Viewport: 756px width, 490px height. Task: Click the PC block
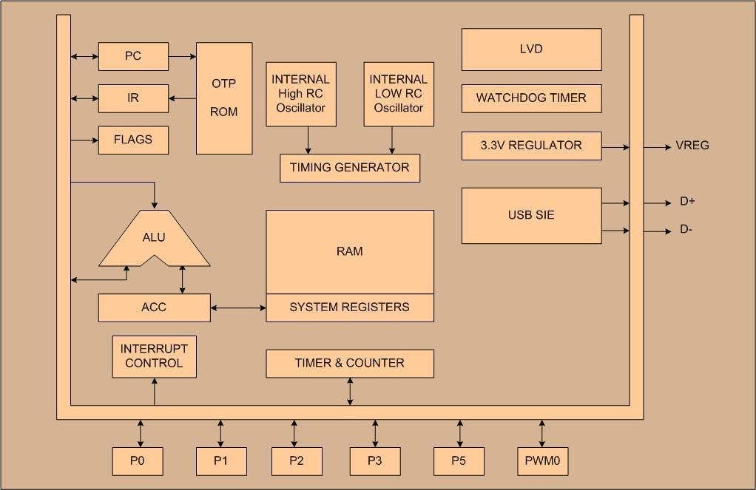[x=133, y=56]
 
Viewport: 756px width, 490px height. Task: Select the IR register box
[x=133, y=98]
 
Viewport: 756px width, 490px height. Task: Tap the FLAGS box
[x=133, y=140]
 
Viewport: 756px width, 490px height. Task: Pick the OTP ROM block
[x=224, y=98]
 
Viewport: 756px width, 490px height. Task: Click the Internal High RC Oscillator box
[x=301, y=94]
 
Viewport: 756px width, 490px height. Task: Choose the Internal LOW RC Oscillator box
[x=399, y=94]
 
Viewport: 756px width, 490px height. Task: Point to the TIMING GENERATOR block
[x=350, y=168]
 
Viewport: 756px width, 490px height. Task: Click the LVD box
[x=531, y=50]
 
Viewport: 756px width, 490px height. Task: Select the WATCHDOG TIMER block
[x=531, y=98]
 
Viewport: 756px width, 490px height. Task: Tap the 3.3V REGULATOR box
[x=531, y=146]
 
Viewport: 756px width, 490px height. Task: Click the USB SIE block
[x=531, y=215]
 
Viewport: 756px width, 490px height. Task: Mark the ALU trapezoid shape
[x=154, y=240]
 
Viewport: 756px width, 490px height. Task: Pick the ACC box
[x=154, y=307]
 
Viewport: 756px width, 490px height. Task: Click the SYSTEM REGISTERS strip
[x=350, y=307]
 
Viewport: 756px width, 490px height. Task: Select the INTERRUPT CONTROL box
[x=154, y=356]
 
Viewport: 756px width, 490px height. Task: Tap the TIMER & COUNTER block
[x=350, y=363]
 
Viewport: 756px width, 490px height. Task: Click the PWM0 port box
[x=542, y=461]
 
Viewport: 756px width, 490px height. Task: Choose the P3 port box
[x=375, y=461]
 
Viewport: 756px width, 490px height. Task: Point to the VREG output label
[x=692, y=146]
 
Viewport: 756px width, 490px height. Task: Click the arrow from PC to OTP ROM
[x=182, y=56]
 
